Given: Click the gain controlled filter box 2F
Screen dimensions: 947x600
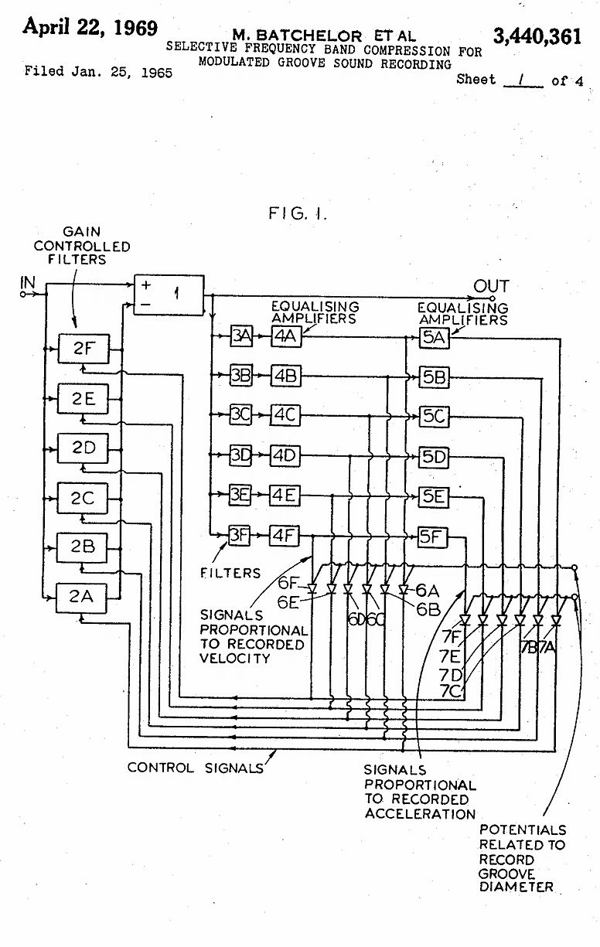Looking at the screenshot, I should pos(83,349).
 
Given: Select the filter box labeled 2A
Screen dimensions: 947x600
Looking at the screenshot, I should pos(83,596).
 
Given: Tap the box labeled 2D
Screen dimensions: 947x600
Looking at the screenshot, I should pos(83,448).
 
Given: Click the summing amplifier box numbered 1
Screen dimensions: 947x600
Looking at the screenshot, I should pos(169,295).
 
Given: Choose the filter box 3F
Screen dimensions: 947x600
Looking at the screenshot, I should pos(240,535).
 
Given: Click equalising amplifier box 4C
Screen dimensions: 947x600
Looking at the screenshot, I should pos(285,415).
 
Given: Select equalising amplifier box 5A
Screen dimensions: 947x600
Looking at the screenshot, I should pos(434,337).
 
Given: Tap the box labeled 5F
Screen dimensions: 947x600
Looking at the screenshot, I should pos(433,535).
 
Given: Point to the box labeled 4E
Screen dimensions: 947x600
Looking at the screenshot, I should pos(285,496).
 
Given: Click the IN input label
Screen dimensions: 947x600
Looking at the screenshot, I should pos(28,284).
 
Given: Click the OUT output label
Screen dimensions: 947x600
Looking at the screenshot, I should pos(492,287).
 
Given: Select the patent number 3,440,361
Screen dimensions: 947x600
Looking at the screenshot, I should pos(537,36).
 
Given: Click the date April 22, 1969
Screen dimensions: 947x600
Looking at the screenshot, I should pos(90,28).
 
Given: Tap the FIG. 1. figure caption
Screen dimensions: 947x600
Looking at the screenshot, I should pos(298,213).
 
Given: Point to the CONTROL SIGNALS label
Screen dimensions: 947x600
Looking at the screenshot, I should pos(195,768).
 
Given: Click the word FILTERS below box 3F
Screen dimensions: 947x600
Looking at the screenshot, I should pos(230,573).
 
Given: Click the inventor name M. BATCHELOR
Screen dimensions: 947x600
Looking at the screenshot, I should pos(297,36).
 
